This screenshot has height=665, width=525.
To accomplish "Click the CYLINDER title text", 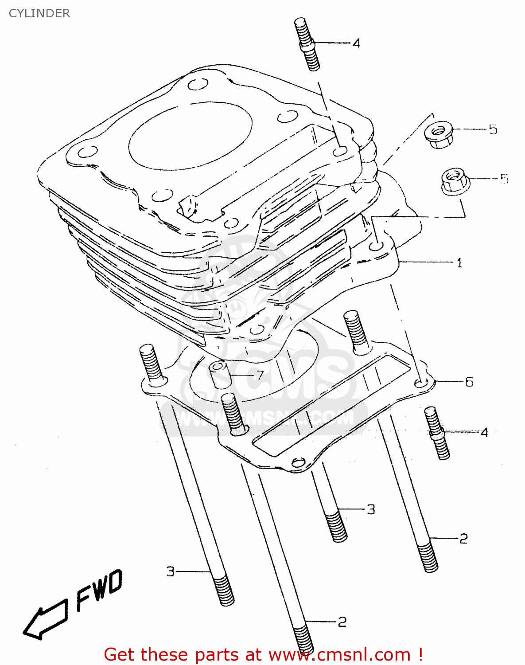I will coord(39,13).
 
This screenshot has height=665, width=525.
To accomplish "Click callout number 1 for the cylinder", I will coord(459,263).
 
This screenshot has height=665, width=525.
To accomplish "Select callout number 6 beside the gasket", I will coord(469,382).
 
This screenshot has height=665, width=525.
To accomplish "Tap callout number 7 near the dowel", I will coord(260,376).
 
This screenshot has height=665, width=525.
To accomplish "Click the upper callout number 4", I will coord(356,43).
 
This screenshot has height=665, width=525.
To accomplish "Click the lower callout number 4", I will coord(484,432).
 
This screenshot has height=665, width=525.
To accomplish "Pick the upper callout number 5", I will coord(493,129).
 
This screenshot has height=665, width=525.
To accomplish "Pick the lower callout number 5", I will coord(504,179).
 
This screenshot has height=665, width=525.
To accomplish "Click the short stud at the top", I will coord(307,44).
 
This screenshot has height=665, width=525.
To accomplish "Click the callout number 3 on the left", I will coord(171,571).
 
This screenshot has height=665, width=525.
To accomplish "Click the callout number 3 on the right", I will coord(371,509).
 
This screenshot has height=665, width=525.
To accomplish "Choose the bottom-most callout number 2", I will coord(342,622).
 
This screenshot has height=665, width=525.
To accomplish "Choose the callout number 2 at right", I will coord(463,539).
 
